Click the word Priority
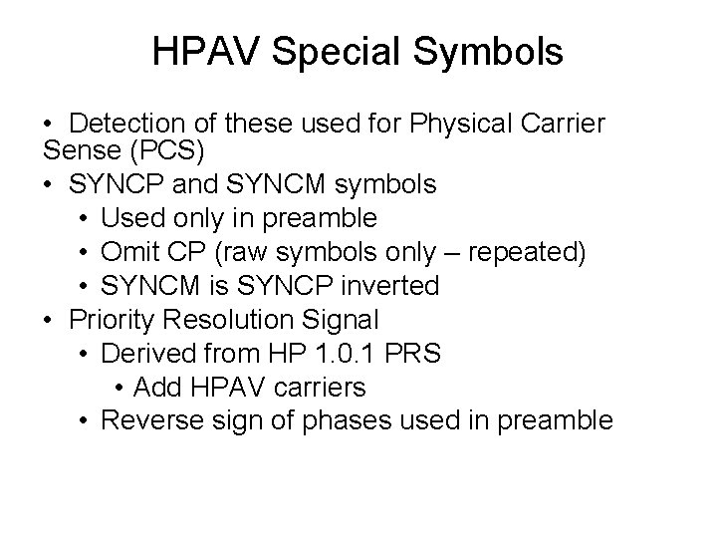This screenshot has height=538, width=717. coord(110,320)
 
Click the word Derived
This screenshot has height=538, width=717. coord(146,354)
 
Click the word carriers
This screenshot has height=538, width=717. coord(324,387)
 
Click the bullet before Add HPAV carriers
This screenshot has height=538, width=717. coord(119,387)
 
